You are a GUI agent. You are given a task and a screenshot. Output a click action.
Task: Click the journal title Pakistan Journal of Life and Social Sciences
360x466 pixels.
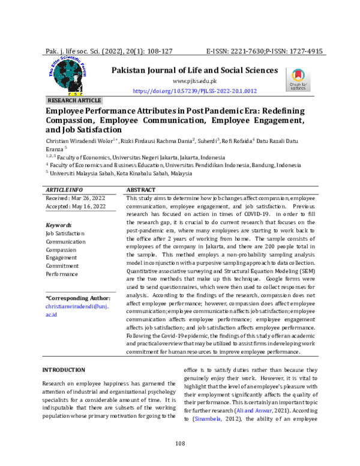click(194, 70)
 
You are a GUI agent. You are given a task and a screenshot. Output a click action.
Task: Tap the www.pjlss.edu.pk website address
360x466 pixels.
click(194, 81)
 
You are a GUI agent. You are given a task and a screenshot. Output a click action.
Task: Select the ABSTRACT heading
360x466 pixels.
click(143, 190)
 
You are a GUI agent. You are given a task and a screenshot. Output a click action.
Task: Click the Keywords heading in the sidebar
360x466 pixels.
click(59, 225)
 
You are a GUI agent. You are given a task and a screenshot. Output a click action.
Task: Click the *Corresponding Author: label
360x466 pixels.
click(78, 298)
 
